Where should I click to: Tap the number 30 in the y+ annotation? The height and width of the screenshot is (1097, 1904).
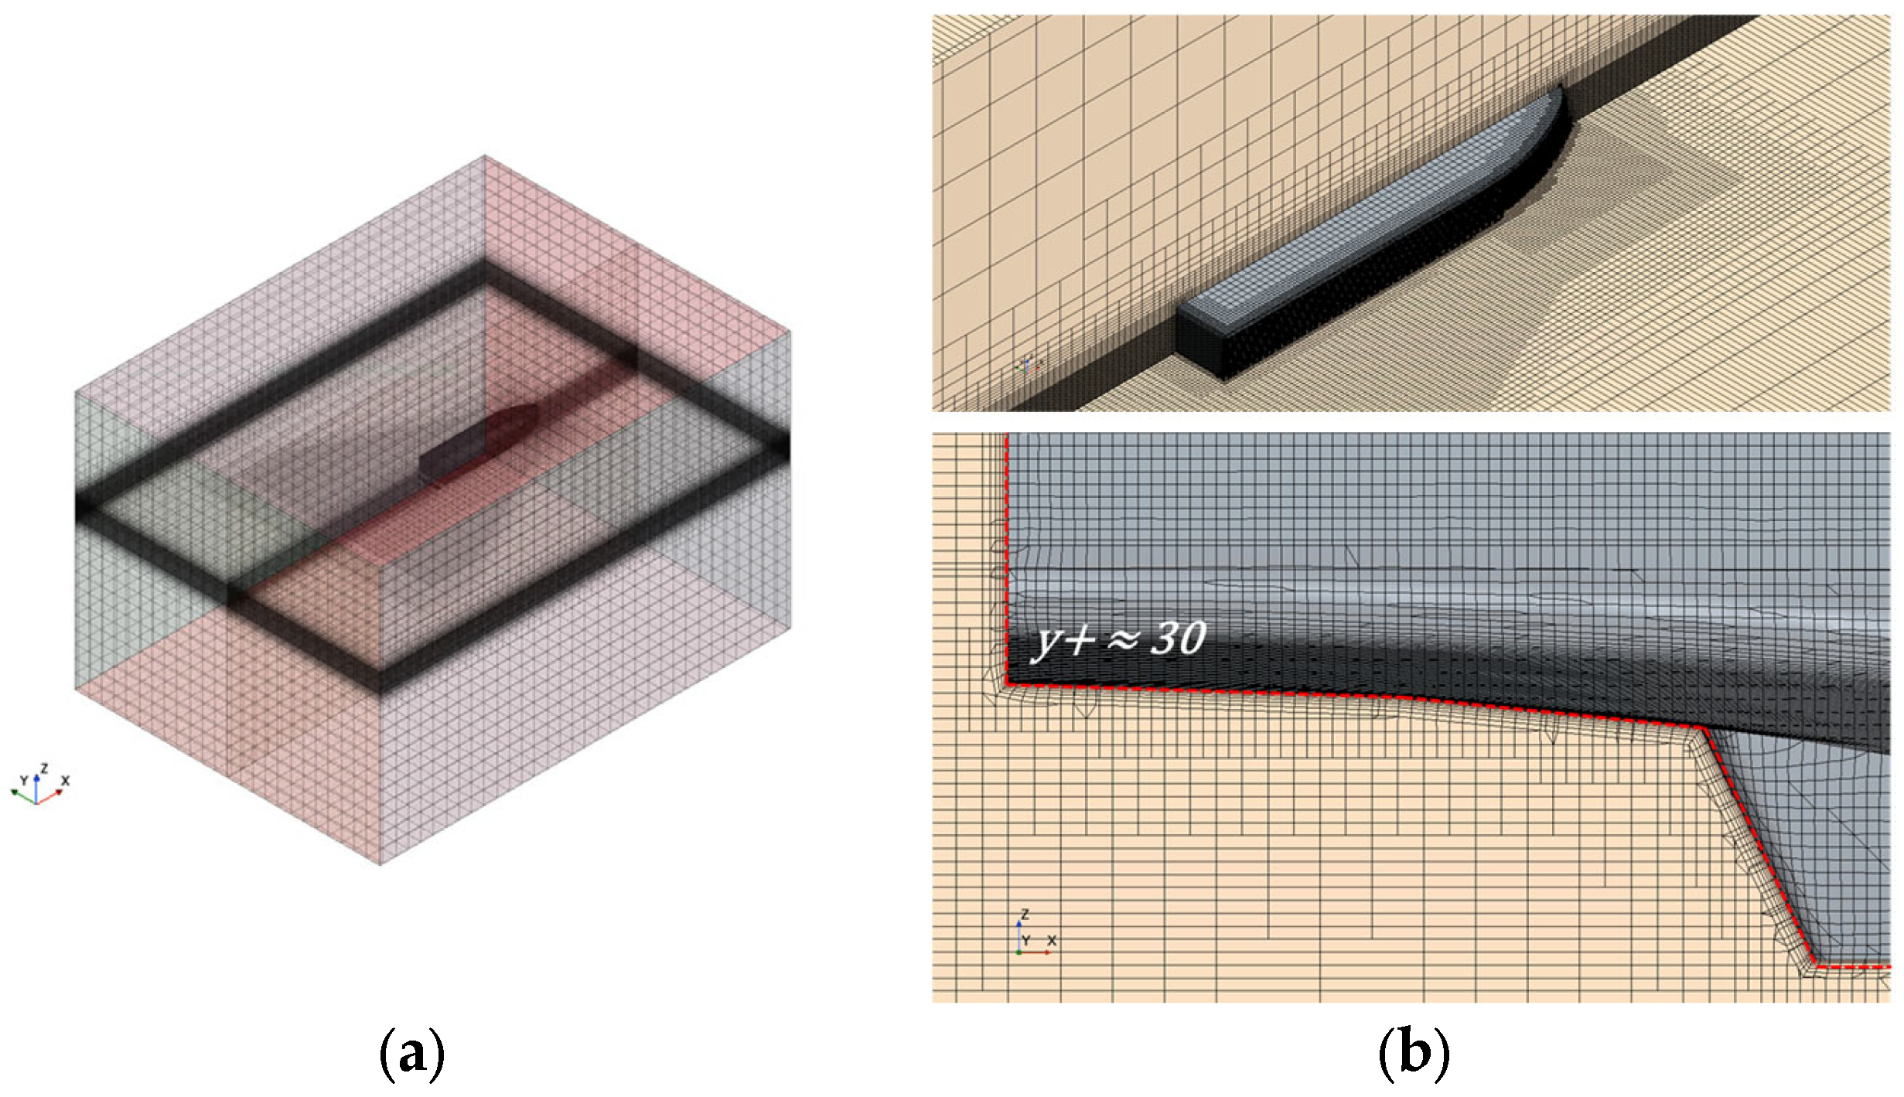(1178, 639)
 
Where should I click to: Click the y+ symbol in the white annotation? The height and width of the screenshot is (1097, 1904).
(1066, 641)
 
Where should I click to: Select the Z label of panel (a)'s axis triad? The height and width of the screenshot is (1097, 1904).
(44, 768)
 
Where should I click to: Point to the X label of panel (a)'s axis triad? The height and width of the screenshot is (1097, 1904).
(65, 781)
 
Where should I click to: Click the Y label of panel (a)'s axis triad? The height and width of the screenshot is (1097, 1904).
(23, 780)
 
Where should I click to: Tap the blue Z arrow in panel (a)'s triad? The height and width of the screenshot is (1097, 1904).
(36, 785)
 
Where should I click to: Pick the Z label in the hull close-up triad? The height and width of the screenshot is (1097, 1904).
(1025, 915)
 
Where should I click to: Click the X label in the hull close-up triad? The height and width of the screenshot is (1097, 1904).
(1052, 941)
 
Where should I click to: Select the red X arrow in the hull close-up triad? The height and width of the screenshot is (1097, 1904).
(1036, 952)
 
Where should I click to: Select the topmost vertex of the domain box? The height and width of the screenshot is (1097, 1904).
(485, 156)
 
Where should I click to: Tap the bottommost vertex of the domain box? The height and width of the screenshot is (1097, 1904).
(380, 864)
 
